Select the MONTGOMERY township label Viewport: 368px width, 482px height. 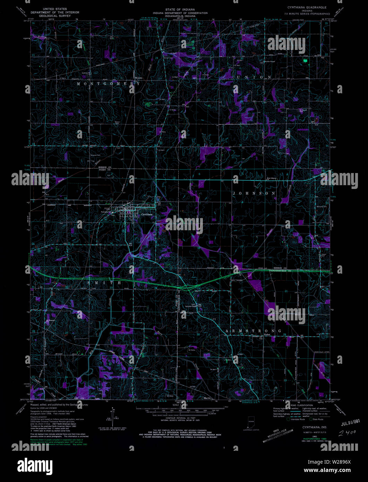(x=108, y=84)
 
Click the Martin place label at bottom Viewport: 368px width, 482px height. (x=207, y=398)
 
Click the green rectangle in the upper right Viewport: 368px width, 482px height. (x=305, y=60)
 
